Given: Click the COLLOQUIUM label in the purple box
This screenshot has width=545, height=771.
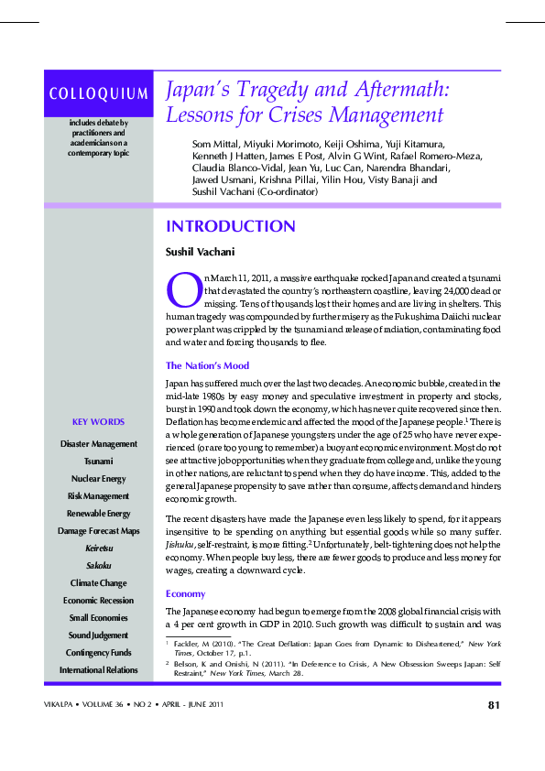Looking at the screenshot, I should click(98, 93).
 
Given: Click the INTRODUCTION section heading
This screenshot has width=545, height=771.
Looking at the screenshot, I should click(230, 226).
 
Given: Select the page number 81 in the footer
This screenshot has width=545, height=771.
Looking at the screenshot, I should click(493, 704).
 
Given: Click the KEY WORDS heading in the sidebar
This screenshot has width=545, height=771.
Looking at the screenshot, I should click(98, 421).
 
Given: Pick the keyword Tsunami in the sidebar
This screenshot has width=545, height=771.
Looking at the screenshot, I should click(98, 461).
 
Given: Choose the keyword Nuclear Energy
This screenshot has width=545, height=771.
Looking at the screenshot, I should click(98, 478).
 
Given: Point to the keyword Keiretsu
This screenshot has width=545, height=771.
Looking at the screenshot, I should click(98, 548).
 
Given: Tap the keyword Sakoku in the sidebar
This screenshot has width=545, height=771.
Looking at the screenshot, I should click(98, 565).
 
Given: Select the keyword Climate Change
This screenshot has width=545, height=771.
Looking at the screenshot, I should click(98, 582).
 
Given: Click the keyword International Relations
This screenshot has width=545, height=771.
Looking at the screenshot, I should click(98, 669).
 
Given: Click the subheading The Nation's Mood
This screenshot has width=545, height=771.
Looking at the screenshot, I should click(207, 365).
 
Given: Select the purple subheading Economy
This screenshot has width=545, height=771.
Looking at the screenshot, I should click(185, 592).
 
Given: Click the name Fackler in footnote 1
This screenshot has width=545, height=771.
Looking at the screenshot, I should click(190, 645).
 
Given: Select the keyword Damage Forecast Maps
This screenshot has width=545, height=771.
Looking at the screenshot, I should click(98, 530).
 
